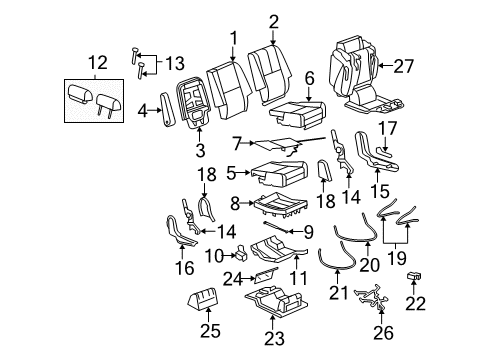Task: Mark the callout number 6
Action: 309,76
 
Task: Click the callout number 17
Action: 388,127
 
